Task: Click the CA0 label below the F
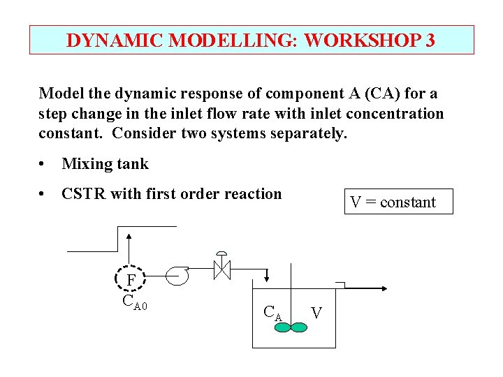click(x=134, y=302)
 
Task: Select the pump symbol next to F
click(x=177, y=275)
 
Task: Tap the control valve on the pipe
click(x=221, y=267)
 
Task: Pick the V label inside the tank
click(x=316, y=312)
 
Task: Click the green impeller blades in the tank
click(x=290, y=326)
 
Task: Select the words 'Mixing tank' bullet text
click(x=105, y=164)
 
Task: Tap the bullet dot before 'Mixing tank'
click(x=43, y=165)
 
